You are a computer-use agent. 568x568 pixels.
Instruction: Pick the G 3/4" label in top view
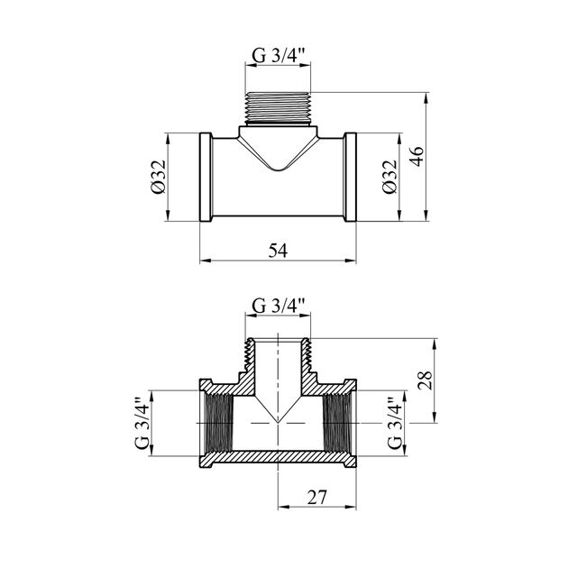pyautogui.click(x=280, y=54)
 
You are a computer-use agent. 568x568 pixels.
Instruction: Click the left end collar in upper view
pyautogui.click(x=206, y=177)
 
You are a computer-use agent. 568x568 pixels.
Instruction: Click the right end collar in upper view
pyautogui.click(x=350, y=177)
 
